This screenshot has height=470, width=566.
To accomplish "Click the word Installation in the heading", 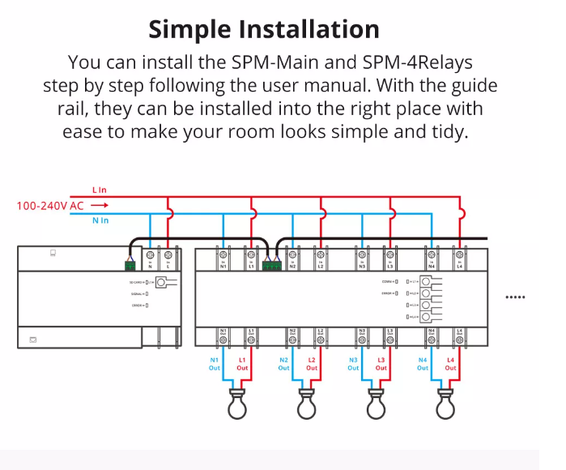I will coord(309,30).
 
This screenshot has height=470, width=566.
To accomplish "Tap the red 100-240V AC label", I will coord(50,206).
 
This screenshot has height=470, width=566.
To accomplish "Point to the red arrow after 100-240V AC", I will coord(99,206).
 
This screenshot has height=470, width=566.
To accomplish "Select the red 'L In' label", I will coord(100,190).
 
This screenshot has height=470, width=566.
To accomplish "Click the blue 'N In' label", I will coord(100,220).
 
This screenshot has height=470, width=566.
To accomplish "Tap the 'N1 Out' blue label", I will coord(215,363).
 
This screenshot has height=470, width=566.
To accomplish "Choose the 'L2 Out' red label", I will coord(312,363).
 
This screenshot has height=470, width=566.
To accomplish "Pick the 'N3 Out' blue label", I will coord(353,363).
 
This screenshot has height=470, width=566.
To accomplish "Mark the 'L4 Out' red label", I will coord(450,363).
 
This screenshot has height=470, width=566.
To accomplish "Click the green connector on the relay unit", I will coord(271,263).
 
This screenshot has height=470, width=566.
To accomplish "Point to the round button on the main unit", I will coord(162,282).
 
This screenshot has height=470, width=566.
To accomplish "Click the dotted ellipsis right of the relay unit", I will coord(515,297).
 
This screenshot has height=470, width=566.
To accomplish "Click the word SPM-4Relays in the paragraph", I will coord(409,62).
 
